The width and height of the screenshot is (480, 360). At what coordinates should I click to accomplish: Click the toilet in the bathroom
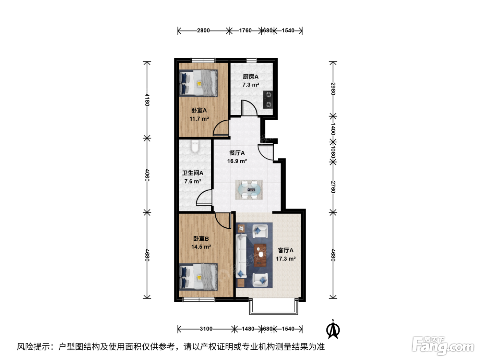195,146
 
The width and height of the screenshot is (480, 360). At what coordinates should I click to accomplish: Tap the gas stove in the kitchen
268,100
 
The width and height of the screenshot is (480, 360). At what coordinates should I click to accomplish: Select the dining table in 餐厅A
249,190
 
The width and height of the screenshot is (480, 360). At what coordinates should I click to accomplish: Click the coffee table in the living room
260,255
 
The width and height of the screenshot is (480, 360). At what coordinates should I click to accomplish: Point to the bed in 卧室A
198,83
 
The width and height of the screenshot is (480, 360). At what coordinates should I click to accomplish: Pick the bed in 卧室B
198,277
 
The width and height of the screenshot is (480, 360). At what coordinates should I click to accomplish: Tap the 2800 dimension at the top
203,31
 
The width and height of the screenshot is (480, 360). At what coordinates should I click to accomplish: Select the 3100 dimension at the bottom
206,329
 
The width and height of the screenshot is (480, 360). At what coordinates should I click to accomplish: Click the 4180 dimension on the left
147,100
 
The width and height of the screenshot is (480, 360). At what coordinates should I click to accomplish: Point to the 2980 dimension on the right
333,89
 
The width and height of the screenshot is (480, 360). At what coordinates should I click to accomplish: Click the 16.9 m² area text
237,161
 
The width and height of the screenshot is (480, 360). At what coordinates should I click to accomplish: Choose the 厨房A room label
251,77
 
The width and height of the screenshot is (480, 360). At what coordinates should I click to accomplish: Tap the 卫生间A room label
193,173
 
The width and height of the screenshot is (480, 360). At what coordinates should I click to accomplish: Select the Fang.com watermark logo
443,346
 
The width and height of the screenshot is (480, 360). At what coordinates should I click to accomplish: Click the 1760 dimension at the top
245,31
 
